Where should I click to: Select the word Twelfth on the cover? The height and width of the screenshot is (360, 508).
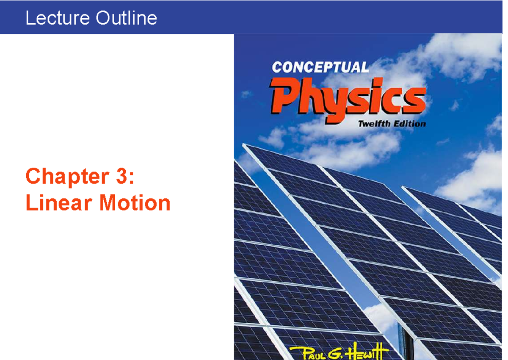click(x=375, y=124)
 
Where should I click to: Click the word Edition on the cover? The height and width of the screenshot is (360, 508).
click(x=409, y=124)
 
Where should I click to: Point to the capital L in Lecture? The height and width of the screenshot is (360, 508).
click(x=29, y=18)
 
